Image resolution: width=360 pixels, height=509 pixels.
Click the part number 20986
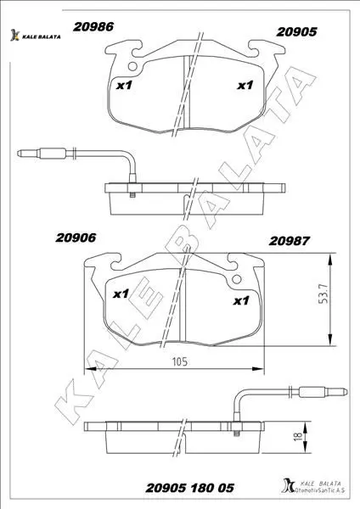click(93, 26)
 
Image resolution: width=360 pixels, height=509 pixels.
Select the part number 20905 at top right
click(296, 32)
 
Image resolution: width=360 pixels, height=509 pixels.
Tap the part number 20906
click(76, 238)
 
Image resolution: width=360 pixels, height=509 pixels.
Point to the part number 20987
click(290, 241)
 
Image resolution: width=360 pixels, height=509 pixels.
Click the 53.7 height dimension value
click(323, 294)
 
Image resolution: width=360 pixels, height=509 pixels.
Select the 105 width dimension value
click(180, 361)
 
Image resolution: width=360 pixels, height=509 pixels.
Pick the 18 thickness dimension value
click(298, 435)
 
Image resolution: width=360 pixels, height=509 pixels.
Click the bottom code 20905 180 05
click(189, 488)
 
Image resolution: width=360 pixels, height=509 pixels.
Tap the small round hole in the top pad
click(132, 66)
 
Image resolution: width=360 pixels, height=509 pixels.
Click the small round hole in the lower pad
click(237, 279)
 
